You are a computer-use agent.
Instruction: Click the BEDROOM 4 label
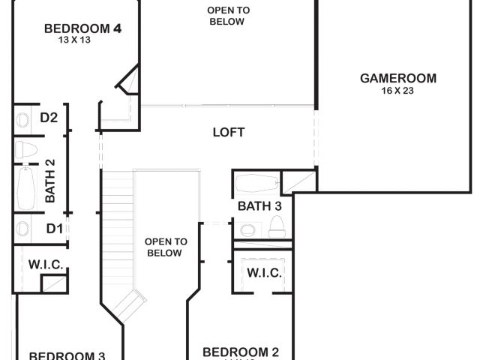(82, 28)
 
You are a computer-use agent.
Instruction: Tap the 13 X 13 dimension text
(74, 40)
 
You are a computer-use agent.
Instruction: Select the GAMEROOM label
(397, 78)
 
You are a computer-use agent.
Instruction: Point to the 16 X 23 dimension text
(397, 91)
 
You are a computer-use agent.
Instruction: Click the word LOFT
(229, 133)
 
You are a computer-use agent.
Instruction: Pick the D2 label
(49, 118)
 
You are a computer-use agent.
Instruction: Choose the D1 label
(55, 228)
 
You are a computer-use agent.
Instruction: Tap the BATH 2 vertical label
(50, 181)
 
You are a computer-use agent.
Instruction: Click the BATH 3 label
(259, 206)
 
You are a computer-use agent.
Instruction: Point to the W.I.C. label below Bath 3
(264, 273)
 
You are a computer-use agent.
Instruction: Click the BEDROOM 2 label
(241, 352)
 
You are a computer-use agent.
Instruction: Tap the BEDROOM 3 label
(67, 355)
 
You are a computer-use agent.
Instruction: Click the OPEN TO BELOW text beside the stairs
(165, 247)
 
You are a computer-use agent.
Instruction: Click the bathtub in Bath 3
(255, 184)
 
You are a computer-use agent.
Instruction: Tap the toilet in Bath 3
(275, 226)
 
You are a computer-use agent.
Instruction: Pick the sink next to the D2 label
(22, 118)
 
